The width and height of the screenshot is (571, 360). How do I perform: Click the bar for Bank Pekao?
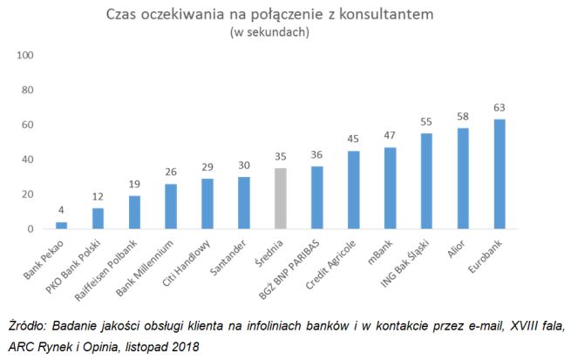(x=62, y=226)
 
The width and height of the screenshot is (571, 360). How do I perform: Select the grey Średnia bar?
(x=280, y=199)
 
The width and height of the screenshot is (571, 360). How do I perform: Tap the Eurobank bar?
(x=499, y=174)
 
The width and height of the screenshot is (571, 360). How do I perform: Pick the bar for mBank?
(x=390, y=188)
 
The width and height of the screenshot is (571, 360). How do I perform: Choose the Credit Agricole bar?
(x=353, y=190)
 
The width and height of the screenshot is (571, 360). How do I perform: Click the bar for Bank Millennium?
(x=171, y=207)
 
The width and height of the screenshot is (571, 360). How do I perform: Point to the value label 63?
(x=499, y=108)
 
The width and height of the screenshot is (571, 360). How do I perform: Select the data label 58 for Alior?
(x=462, y=117)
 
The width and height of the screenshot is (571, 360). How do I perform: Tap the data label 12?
(x=98, y=197)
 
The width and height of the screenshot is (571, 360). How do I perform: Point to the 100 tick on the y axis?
(x=24, y=56)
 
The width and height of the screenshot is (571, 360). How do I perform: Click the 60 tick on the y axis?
(x=27, y=125)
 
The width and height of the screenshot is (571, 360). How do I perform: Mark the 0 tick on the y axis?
(x=30, y=229)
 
